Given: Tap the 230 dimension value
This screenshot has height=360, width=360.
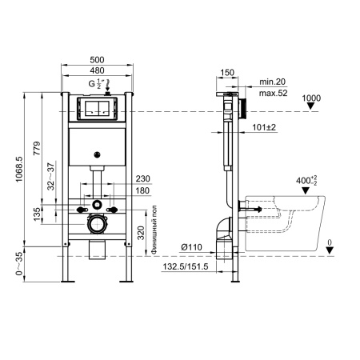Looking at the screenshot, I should [x=143, y=178].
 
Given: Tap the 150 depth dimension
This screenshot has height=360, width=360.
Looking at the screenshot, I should [x=228, y=71].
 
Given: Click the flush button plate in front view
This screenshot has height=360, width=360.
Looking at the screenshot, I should [x=96, y=109].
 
